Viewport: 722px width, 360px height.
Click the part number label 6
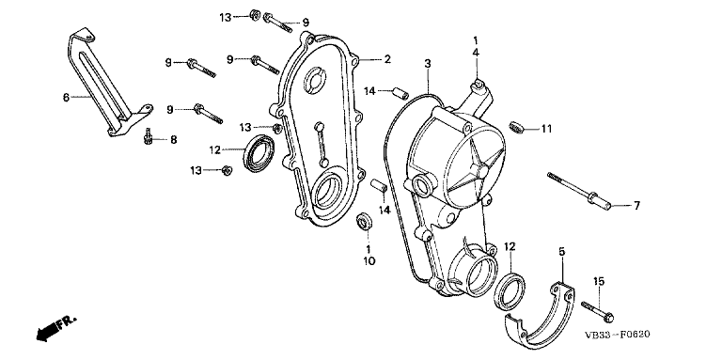coord(66,98)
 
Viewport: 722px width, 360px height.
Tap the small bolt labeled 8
coord(148,136)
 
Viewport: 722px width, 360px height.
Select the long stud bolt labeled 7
coord(579,190)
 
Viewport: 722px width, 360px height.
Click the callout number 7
coord(636,206)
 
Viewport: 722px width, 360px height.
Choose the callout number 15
coord(598,281)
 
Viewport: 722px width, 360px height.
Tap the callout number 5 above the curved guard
coord(562,252)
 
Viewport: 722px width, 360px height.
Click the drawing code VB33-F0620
coord(617,335)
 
